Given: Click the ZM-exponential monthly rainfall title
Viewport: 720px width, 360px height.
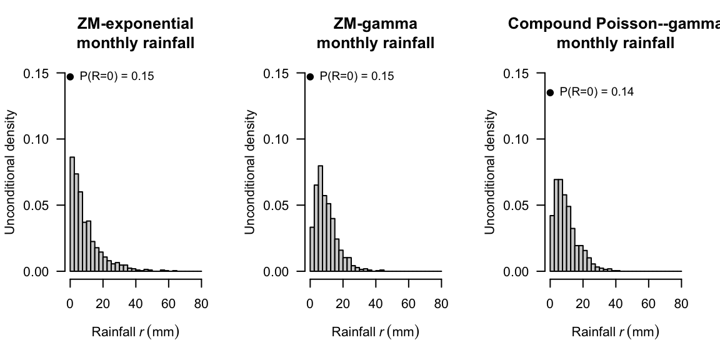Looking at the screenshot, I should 135,34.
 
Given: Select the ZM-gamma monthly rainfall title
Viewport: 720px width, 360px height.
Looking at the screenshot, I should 375,34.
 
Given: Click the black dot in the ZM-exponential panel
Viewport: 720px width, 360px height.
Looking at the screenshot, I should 70,77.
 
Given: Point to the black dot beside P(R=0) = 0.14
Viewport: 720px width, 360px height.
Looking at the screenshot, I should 550,92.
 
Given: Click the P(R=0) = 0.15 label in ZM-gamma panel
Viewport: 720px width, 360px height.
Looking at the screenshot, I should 357,76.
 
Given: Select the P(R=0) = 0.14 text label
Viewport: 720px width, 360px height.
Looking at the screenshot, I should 596,92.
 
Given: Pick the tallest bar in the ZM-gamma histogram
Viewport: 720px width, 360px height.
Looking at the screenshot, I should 320,219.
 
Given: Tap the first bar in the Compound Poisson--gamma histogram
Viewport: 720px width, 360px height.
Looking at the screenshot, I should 552,244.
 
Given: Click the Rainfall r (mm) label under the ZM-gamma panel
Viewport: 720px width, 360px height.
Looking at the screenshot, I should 375,332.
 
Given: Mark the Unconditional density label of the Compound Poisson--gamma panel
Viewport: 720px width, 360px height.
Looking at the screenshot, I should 490,172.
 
